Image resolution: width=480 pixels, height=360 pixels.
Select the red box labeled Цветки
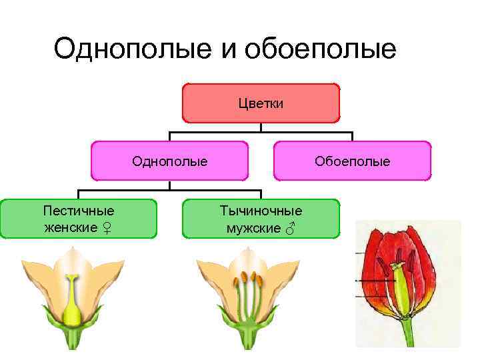(261, 103)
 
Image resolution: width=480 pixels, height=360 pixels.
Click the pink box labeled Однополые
(169, 161)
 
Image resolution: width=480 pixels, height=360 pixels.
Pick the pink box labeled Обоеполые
(352, 161)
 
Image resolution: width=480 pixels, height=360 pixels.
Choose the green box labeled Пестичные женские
(78, 219)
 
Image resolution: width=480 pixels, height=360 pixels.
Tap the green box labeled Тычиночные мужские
(261, 219)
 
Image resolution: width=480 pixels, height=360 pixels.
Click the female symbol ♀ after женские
(107, 229)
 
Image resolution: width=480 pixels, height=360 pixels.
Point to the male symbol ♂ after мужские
(289, 229)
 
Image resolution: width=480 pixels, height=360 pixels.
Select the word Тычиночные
(261, 211)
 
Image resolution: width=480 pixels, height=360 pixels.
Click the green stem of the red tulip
(407, 333)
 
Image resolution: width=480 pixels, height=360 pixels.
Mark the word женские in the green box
(70, 229)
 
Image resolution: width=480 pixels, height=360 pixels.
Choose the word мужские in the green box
(253, 229)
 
